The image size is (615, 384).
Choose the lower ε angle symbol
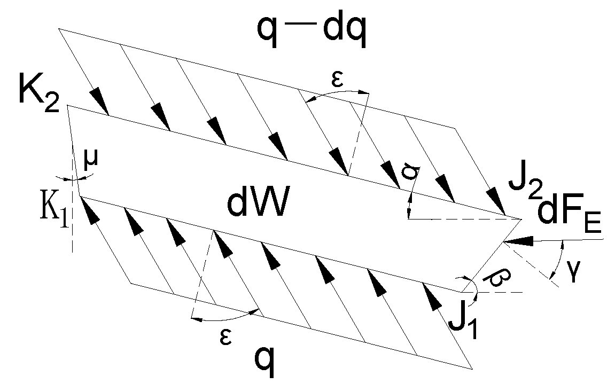(x=226, y=336)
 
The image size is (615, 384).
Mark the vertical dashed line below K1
(x=71, y=235)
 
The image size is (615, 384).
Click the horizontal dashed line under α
(x=460, y=220)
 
